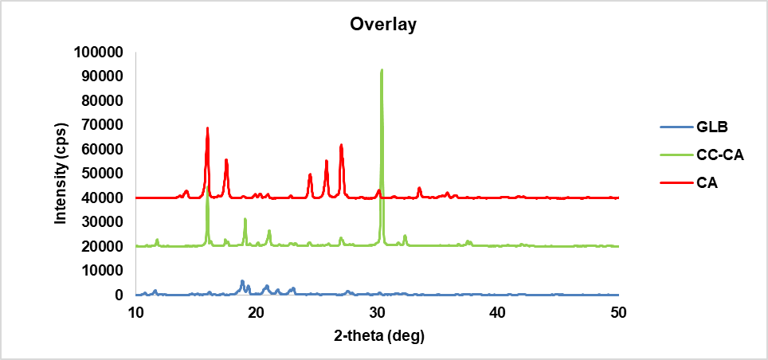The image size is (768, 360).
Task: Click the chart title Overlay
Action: (383, 25)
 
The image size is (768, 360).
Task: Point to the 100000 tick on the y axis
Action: (100, 53)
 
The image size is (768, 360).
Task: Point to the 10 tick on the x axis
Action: (136, 311)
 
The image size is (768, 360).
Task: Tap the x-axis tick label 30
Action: (377, 311)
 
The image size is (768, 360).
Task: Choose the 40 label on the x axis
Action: (498, 311)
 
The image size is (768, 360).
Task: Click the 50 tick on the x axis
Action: (618, 311)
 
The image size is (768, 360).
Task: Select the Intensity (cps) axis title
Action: (61, 173)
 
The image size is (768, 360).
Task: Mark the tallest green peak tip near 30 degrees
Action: (382, 70)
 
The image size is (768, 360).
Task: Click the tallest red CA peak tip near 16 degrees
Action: (207, 127)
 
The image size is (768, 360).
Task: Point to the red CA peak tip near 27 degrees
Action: (341, 145)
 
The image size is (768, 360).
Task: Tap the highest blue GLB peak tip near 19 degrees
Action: (242, 281)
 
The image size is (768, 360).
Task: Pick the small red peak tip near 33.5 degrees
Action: (419, 188)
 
